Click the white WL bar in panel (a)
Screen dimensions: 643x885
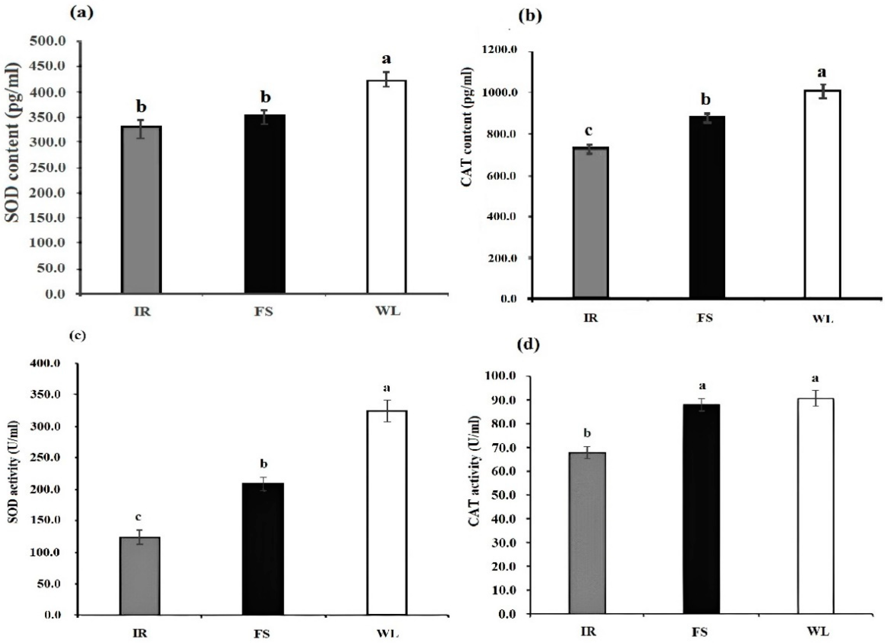(x=386, y=187)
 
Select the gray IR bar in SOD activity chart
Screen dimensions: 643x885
(x=140, y=577)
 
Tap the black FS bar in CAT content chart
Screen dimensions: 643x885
(x=707, y=207)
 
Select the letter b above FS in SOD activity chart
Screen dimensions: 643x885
(x=264, y=464)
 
